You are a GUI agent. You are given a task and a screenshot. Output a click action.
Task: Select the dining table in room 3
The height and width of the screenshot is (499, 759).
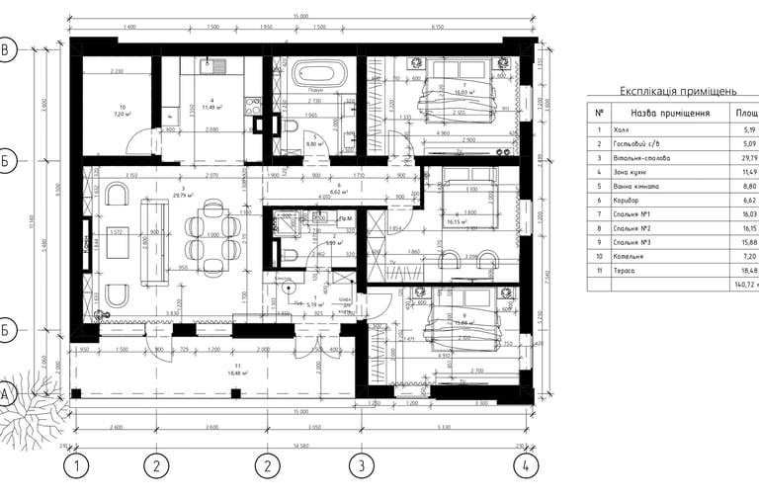click(210, 235)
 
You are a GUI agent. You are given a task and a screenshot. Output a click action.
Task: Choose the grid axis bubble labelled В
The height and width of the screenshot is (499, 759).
click(7, 51)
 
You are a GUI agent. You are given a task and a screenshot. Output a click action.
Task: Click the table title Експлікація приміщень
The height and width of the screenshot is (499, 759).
click(677, 91)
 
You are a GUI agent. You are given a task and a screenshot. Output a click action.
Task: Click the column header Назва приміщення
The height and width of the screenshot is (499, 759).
click(670, 113)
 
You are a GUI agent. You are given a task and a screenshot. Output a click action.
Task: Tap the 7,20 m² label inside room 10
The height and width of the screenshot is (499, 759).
click(123, 114)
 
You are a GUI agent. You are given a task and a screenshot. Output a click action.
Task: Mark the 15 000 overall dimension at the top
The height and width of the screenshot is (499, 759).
click(301, 17)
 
